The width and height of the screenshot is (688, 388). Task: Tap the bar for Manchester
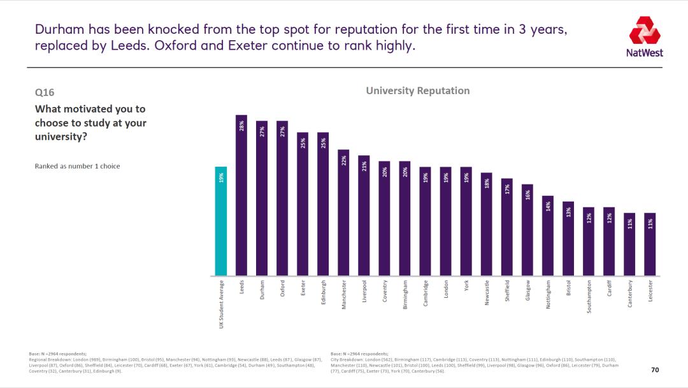tap(343, 212)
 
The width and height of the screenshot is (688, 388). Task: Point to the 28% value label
tap(241, 127)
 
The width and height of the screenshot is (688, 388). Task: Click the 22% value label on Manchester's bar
tap(343, 161)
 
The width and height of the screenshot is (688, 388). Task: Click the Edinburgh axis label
tap(323, 293)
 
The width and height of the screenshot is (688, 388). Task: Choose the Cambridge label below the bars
tap(426, 294)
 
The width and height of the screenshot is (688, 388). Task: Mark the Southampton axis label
tap(589, 296)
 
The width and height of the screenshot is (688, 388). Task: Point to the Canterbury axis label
tap(630, 294)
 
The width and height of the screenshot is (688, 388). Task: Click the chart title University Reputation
tap(417, 90)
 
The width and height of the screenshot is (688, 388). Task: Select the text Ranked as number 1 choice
tap(77, 166)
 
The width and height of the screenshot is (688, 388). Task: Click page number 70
tap(655, 370)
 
